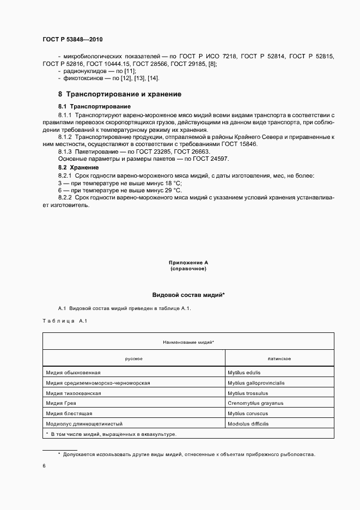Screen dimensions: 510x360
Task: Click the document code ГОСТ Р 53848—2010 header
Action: (72, 40)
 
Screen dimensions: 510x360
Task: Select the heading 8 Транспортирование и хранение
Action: (120, 94)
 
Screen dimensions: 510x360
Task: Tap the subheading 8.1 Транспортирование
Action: (94, 106)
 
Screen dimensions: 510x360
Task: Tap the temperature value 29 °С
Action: (170, 190)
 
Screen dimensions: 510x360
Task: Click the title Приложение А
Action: (188, 263)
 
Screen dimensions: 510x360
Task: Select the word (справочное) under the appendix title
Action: (188, 269)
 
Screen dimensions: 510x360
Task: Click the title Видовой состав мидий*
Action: (188, 295)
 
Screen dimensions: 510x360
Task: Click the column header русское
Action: (133, 359)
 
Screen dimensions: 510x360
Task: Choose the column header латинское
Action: (279, 359)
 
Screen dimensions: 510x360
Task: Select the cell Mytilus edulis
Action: (244, 373)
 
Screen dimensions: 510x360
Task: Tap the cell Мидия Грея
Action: (61, 403)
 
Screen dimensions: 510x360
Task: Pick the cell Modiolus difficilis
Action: (248, 424)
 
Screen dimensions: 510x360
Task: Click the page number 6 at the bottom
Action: (44, 466)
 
